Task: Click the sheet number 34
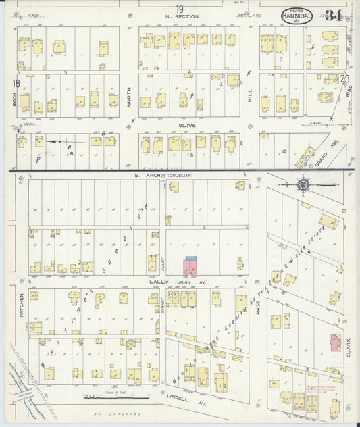333,16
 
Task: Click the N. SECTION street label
179,18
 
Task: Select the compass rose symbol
304,183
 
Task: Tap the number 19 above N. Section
179,9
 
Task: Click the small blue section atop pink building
191,259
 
